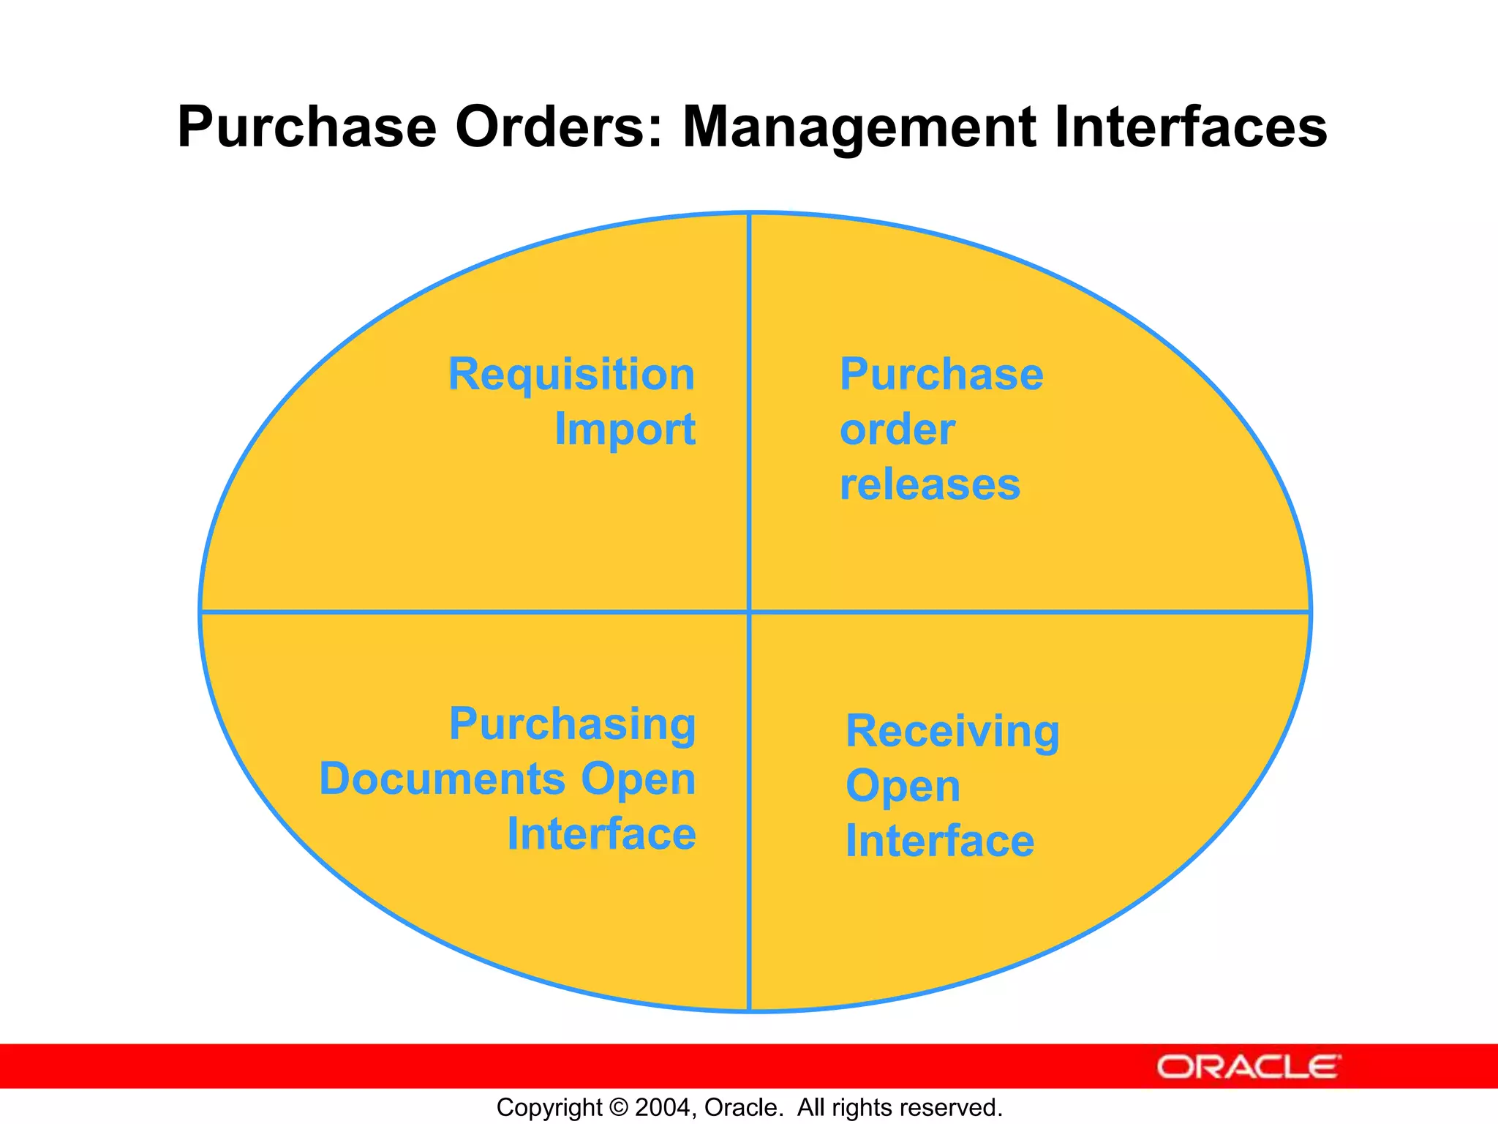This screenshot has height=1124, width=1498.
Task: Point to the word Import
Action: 625,430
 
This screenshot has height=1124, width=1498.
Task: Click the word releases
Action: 930,484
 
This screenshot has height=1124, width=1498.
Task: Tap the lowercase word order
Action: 897,430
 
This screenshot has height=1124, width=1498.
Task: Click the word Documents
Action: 442,779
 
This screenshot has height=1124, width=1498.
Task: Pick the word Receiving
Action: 952,732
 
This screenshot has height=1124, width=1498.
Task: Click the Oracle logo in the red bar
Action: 1249,1067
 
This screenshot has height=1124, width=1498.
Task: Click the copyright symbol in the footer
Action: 618,1107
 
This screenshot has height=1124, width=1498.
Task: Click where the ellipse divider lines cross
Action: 750,611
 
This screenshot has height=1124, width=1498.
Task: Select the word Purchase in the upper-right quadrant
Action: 941,375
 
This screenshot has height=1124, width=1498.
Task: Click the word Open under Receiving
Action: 903,787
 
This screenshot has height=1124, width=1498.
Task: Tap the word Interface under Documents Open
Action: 601,834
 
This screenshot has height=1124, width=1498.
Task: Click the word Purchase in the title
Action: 306,127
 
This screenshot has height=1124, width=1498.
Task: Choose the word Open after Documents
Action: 638,780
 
